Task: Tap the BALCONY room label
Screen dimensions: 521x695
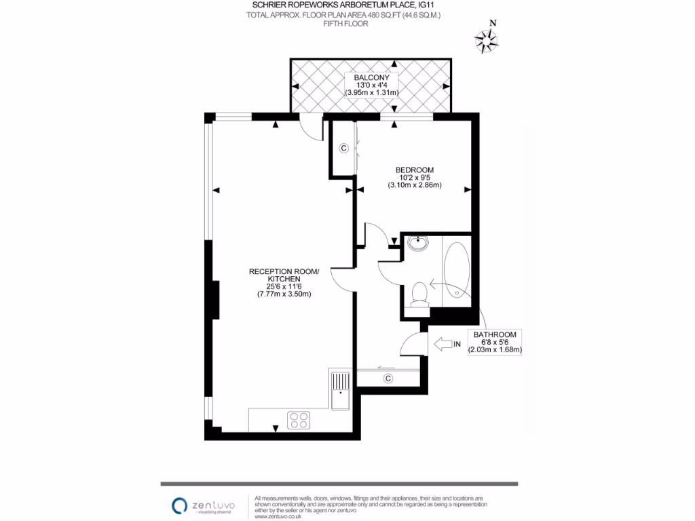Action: (371, 77)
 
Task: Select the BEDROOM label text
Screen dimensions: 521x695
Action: (415, 170)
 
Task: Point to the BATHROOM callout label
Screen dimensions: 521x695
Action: (495, 335)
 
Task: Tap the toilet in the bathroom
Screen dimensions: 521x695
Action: (419, 294)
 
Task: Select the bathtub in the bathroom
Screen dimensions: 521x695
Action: (457, 270)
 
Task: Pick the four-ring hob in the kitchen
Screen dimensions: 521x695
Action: (299, 420)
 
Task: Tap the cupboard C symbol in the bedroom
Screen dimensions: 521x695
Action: (343, 148)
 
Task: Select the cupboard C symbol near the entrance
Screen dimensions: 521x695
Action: (388, 378)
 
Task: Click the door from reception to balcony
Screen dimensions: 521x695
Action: (312, 128)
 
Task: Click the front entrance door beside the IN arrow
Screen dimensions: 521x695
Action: (412, 343)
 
